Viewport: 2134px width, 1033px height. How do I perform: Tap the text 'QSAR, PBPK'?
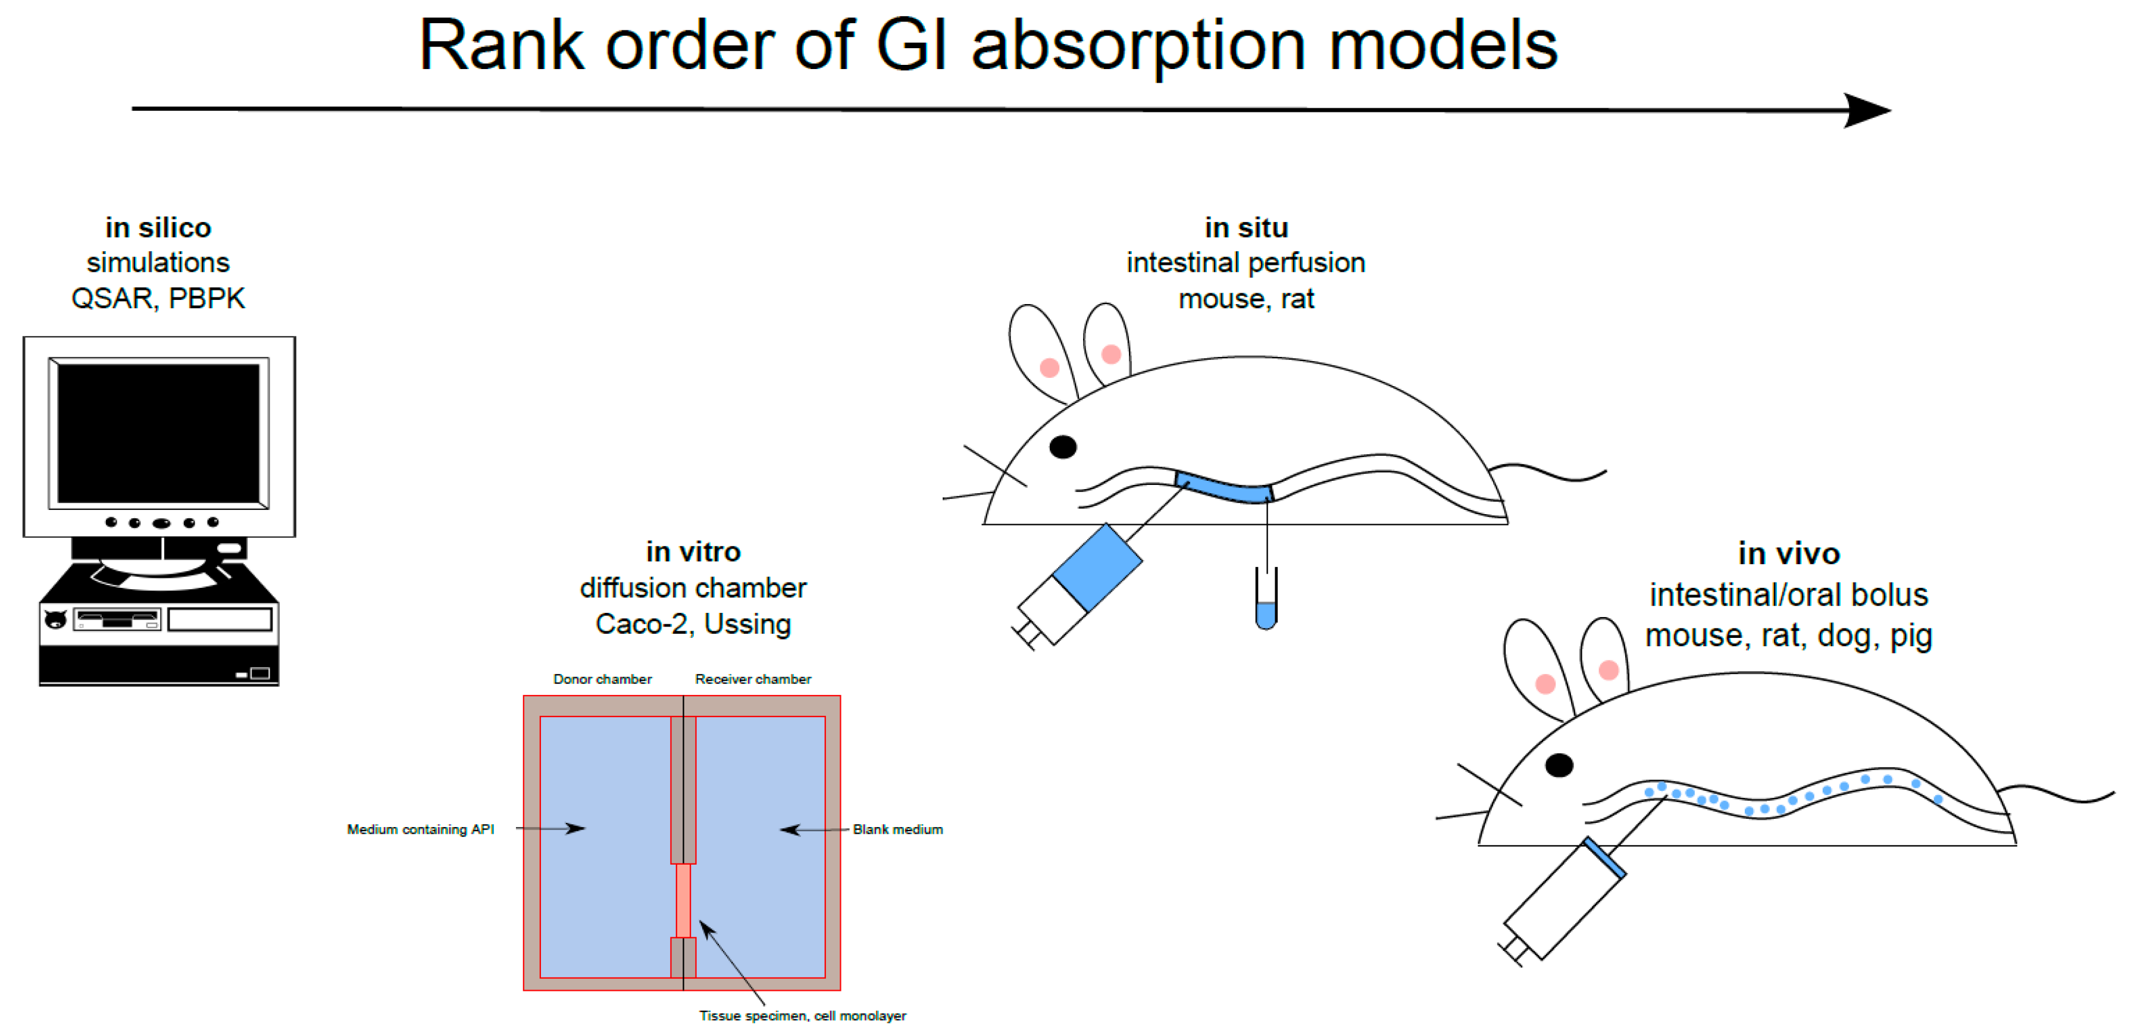[x=158, y=298]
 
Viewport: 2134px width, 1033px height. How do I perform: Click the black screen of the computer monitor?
[x=158, y=433]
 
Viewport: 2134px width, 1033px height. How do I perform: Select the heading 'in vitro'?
[x=693, y=552]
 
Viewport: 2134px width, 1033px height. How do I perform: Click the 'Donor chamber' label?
[x=602, y=680]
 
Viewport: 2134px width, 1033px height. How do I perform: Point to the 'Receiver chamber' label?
[x=753, y=680]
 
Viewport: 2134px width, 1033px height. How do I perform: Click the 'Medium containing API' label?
[x=420, y=829]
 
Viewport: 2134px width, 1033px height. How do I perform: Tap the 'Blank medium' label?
[x=898, y=829]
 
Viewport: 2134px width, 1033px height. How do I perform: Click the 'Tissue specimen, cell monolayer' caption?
[x=803, y=1016]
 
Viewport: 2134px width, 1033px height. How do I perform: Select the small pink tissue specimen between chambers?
[x=683, y=900]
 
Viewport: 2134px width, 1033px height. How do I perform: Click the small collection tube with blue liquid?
[x=1266, y=609]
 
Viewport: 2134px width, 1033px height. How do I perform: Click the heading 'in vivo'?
[x=1789, y=553]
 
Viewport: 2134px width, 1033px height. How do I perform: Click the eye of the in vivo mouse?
[x=1559, y=765]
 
